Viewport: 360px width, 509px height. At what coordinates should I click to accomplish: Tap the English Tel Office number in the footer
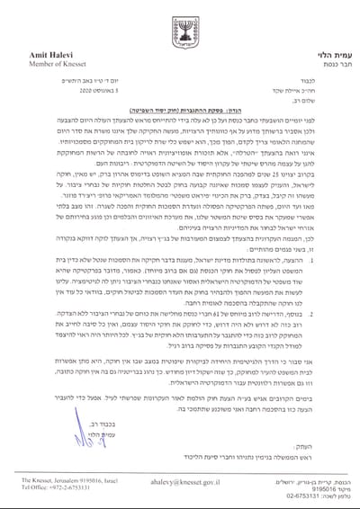click(45, 491)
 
